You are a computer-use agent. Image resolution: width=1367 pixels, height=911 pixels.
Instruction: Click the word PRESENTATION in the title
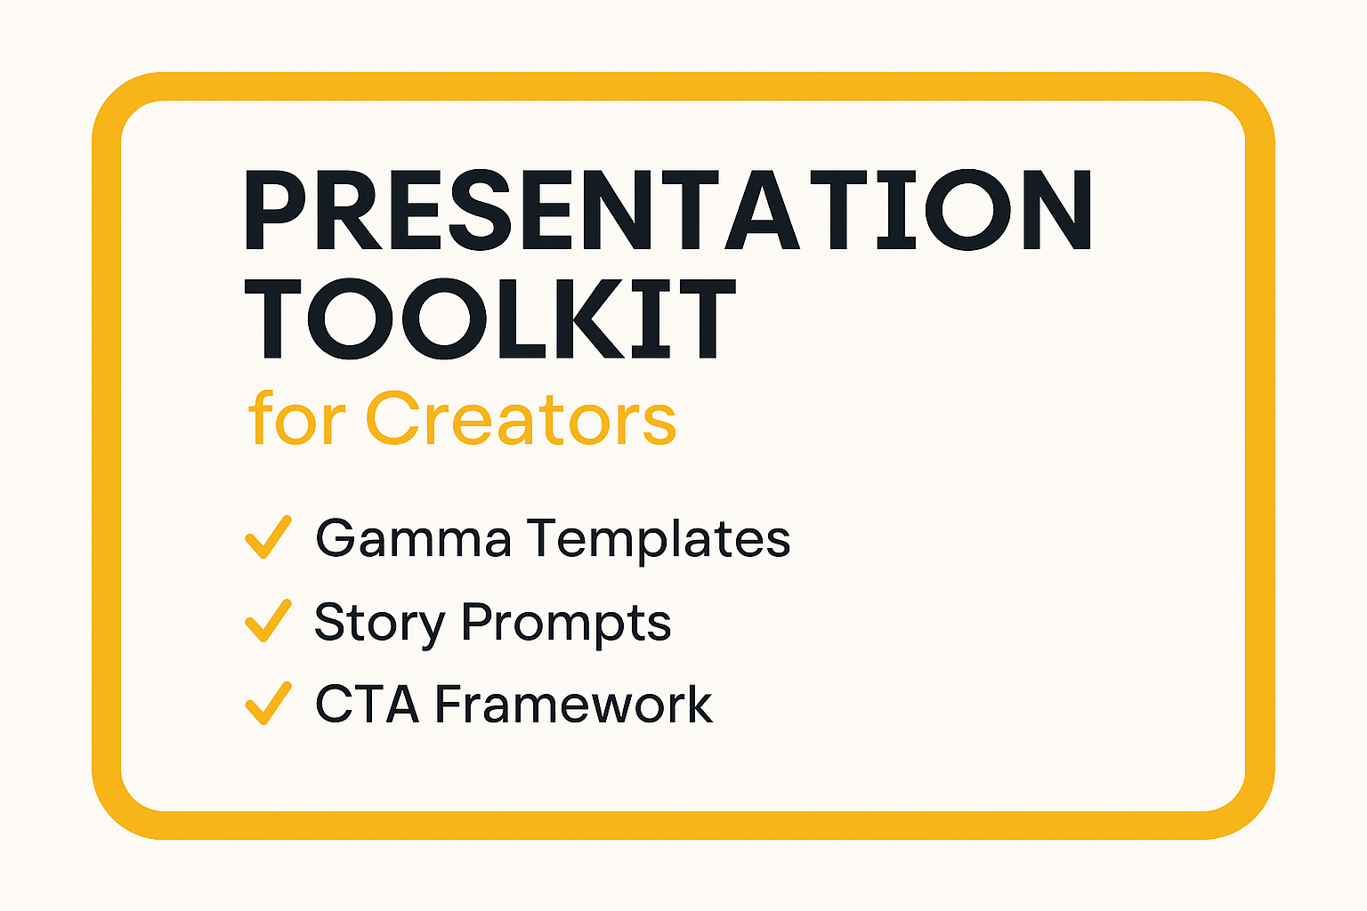[667, 210]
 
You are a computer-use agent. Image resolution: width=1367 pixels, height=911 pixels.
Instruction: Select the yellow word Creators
[521, 419]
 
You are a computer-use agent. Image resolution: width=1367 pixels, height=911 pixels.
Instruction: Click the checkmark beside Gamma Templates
[267, 537]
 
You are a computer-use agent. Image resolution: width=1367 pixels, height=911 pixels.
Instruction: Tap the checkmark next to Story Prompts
[267, 620]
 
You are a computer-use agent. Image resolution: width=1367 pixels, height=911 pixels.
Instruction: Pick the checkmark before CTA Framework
[267, 703]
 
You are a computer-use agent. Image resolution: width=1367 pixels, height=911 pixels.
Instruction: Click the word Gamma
[413, 538]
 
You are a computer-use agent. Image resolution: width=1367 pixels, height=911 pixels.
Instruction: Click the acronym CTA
[367, 705]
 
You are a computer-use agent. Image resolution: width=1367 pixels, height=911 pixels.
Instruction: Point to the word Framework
[573, 705]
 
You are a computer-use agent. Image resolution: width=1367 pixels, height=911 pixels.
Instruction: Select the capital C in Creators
[394, 419]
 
